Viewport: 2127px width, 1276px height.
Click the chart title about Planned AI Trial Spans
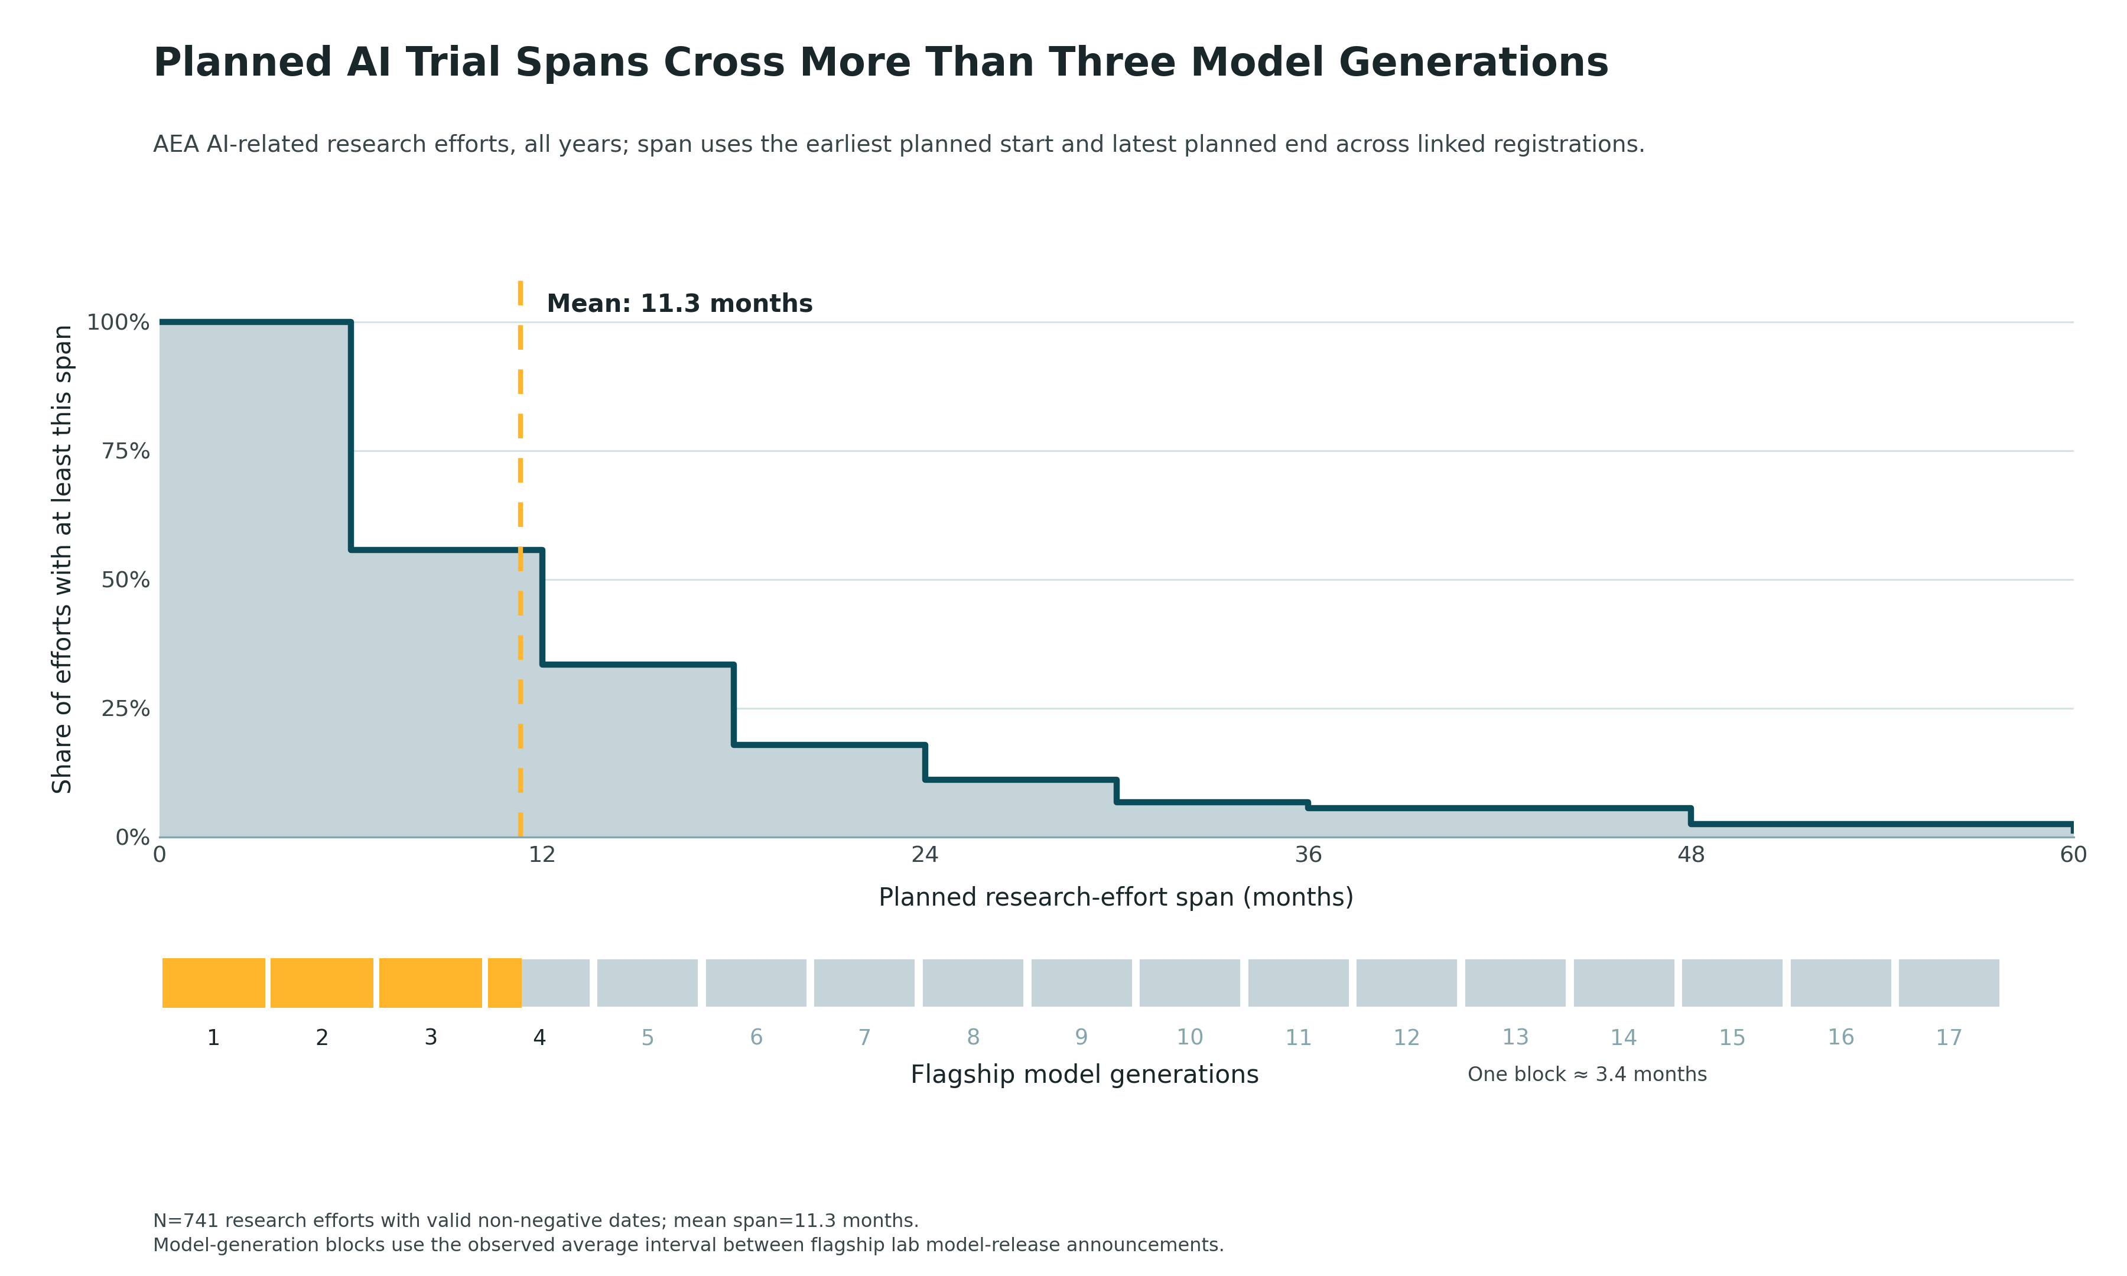coord(880,63)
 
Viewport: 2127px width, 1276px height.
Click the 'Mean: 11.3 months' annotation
coord(679,304)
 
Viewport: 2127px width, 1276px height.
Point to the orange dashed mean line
coord(520,559)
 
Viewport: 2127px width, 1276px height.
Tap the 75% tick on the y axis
coord(125,451)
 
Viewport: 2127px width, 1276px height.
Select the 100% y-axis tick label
coord(118,323)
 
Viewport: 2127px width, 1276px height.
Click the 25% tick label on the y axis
coord(125,708)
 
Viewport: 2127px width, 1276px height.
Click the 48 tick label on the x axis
coord(1691,855)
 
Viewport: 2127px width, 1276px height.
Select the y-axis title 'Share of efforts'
coord(62,559)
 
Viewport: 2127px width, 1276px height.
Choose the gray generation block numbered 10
coord(1190,983)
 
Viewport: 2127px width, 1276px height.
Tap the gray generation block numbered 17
coord(1949,983)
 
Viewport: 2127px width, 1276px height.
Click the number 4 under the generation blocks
coord(539,1038)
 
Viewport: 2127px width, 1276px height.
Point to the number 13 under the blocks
coord(1515,1038)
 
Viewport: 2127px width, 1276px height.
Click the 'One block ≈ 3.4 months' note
coord(1587,1075)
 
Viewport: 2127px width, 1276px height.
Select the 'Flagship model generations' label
coord(1084,1075)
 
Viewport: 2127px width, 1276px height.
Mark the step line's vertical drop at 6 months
coord(351,436)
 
